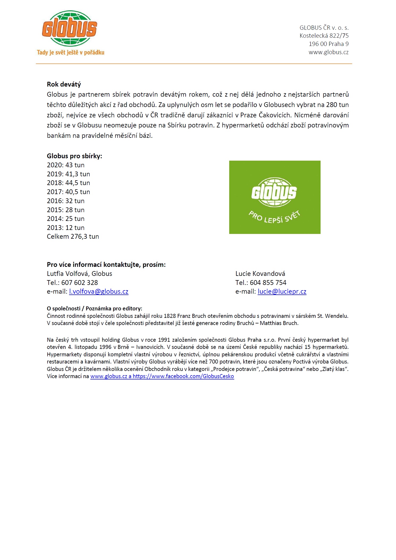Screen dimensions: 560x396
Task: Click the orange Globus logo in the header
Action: pos(70,28)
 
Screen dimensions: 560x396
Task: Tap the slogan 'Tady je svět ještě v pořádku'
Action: pos(71,52)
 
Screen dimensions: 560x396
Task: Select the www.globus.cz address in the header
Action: pos(328,52)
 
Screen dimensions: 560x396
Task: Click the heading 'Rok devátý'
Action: pos(64,84)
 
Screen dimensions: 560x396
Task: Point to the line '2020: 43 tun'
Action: pos(66,165)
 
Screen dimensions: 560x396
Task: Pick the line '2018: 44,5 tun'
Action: pos(68,183)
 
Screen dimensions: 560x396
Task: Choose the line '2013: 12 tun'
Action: pos(66,228)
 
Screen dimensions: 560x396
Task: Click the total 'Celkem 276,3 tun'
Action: pos(73,237)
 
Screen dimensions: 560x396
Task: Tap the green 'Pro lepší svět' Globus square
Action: pos(275,197)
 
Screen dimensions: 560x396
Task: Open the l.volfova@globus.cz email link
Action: pos(99,292)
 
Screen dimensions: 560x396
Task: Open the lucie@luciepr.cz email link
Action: pos(282,292)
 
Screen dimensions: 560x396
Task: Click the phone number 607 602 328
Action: pos(79,283)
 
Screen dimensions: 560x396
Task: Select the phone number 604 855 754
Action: pos(268,283)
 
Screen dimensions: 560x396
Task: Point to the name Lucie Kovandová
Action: pos(260,274)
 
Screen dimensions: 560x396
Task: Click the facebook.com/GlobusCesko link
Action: pos(183,376)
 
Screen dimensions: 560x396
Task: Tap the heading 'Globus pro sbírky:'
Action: pos(74,156)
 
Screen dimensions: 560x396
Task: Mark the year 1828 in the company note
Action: pos(170,316)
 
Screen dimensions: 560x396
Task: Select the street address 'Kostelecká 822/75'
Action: pos(324,36)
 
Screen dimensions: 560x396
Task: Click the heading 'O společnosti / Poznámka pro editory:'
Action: pos(94,309)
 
